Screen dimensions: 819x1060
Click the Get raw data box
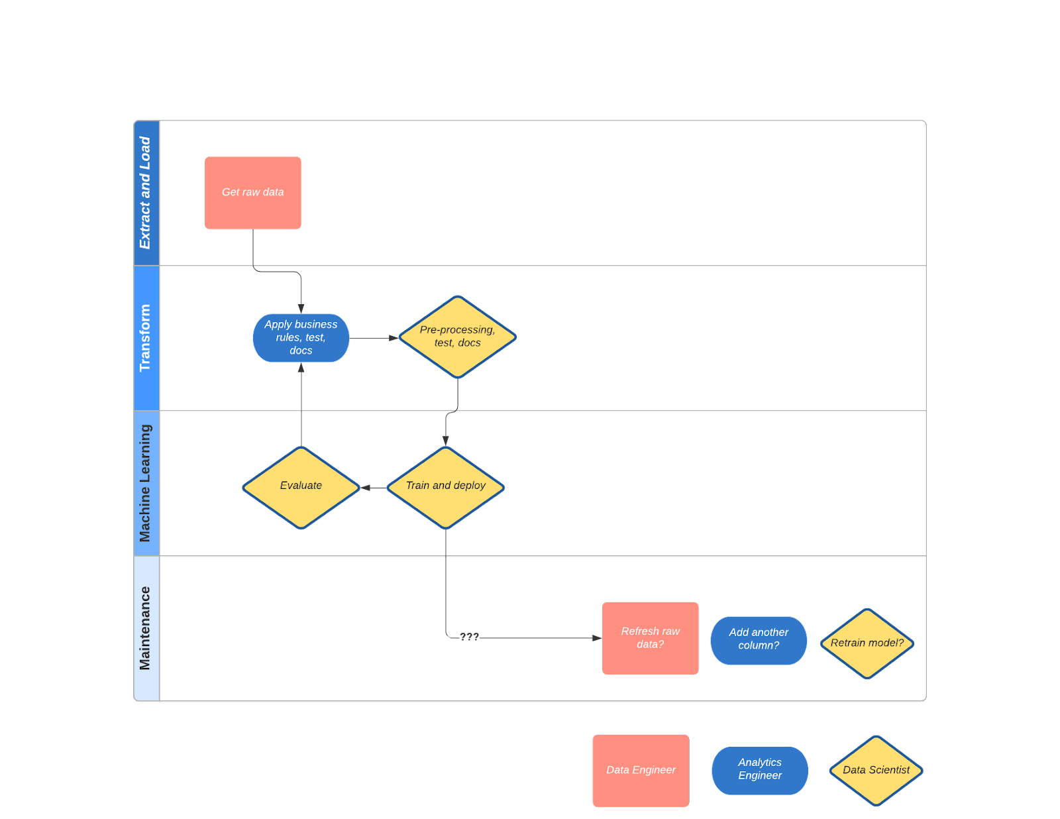(252, 193)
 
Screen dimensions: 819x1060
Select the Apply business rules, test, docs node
(301, 338)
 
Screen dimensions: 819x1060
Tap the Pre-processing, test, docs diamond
(457, 337)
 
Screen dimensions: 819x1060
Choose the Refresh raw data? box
(650, 638)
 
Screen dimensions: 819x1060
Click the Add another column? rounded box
(758, 640)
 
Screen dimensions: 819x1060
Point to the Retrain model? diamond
(867, 643)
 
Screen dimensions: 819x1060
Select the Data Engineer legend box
(641, 770)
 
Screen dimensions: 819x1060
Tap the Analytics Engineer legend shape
(759, 770)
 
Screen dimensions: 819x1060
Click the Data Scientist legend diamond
(876, 770)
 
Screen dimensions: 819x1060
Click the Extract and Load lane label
(146, 193)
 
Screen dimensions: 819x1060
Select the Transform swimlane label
(146, 338)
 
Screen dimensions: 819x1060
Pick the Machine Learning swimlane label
(146, 483)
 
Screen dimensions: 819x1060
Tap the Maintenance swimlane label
(146, 628)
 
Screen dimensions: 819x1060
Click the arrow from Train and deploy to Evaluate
(373, 488)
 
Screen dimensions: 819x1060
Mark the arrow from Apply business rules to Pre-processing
(374, 338)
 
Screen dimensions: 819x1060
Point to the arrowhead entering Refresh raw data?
(597, 637)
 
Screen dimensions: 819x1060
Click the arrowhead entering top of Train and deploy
(445, 441)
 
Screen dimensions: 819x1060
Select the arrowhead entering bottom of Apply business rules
(301, 368)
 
